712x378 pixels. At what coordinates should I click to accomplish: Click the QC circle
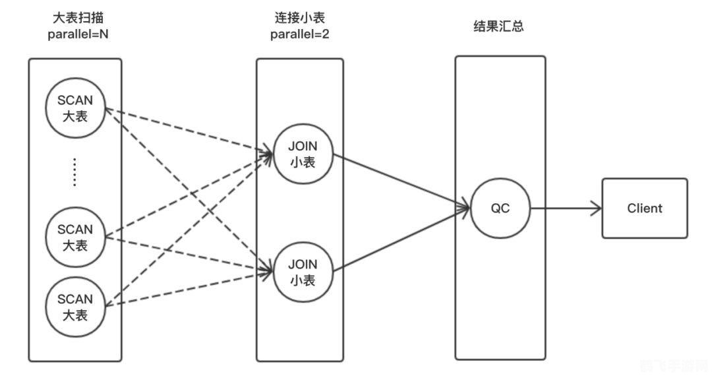point(500,208)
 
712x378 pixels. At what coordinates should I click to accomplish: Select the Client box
point(644,208)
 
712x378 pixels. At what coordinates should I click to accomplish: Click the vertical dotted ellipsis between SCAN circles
point(75,172)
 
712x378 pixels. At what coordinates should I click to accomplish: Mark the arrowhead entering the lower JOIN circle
point(268,269)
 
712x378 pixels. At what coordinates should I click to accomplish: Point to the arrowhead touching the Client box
point(596,209)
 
